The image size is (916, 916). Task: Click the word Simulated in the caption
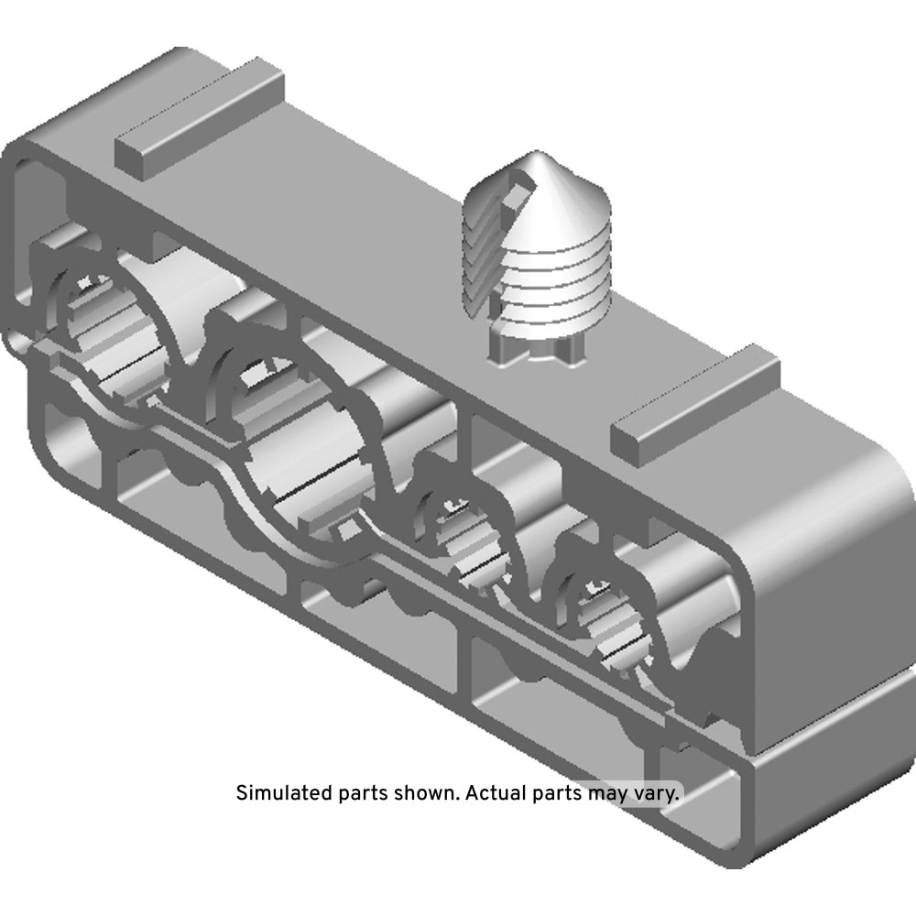(284, 792)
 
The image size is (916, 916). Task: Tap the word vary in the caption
(656, 793)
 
